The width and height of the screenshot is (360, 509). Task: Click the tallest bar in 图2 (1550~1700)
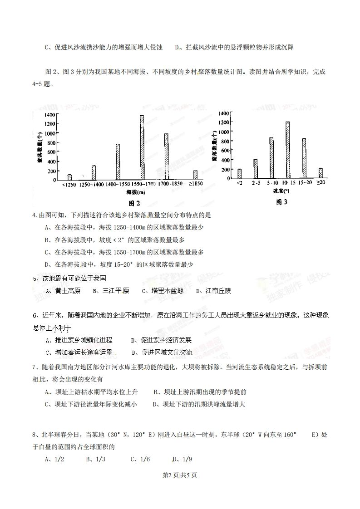click(142, 147)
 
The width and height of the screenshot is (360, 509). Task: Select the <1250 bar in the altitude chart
click(69, 177)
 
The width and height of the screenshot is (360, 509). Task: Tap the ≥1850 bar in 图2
click(195, 175)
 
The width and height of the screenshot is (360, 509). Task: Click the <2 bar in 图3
click(239, 174)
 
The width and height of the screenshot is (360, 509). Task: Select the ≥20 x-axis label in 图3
click(321, 182)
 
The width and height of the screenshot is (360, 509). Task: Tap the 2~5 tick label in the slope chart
click(255, 182)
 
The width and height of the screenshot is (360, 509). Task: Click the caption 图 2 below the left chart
click(132, 203)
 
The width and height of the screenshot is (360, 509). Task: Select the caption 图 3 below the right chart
click(282, 202)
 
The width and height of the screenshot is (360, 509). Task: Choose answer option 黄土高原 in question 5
click(68, 291)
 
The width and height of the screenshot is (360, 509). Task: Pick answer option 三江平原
click(116, 291)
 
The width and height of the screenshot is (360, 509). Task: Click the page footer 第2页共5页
click(180, 475)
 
